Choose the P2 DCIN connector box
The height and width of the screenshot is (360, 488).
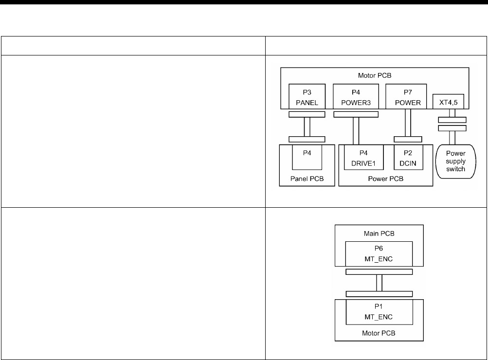click(x=408, y=156)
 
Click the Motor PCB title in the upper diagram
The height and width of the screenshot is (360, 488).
click(x=374, y=75)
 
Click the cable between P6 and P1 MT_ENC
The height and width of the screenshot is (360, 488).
click(x=379, y=283)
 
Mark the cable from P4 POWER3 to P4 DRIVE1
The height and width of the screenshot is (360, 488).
click(x=356, y=128)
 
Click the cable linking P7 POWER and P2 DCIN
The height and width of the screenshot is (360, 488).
click(x=408, y=125)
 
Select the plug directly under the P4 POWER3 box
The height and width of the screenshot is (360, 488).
click(x=356, y=114)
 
